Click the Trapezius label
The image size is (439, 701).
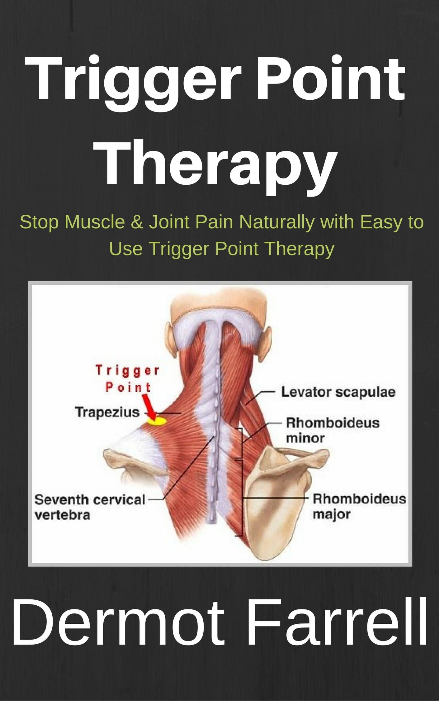[x=107, y=412]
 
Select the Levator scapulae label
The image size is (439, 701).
[x=338, y=392]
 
